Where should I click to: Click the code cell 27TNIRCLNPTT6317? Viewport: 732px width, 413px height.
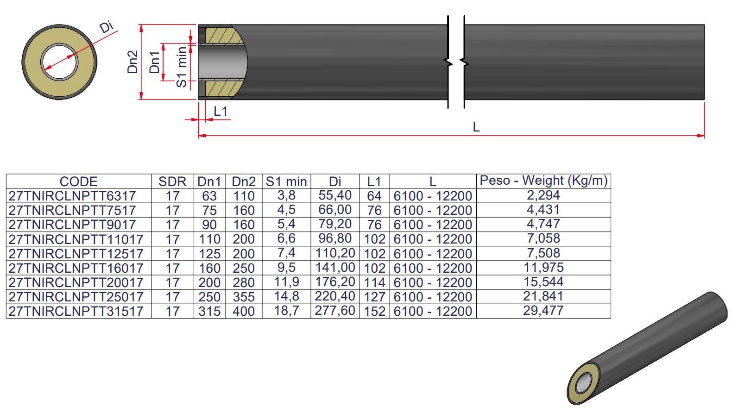pos(72,196)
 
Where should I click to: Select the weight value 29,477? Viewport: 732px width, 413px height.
pos(543,311)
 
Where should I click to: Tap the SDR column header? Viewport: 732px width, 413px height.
pos(172,181)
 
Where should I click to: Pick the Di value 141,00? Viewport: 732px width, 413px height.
pos(335,268)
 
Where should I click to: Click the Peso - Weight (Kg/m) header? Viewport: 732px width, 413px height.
pos(543,181)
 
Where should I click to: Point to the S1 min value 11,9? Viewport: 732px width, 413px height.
pos(286,282)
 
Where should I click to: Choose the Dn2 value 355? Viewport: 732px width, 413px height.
pos(244,297)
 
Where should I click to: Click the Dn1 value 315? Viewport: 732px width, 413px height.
pos(209,311)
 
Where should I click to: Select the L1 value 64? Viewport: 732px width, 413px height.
pos(374,196)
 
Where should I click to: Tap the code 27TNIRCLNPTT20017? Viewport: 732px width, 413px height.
pos(76,282)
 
